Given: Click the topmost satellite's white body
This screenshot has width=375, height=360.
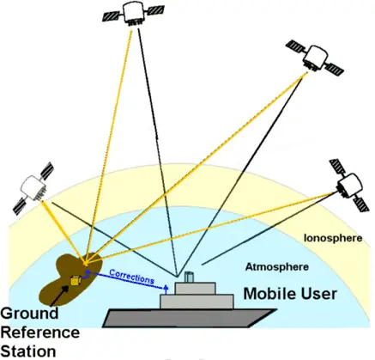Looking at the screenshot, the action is click(133, 12).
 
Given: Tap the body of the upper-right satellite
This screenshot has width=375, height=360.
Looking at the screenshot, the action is click(315, 58).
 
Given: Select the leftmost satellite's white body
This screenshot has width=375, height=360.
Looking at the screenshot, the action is click(33, 186).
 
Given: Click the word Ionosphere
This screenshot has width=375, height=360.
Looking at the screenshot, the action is click(333, 238).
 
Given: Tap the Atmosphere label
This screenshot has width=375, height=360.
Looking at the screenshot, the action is click(277, 267).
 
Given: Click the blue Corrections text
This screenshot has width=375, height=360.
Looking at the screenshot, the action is click(132, 277).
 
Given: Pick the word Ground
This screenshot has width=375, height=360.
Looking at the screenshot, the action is click(29, 313).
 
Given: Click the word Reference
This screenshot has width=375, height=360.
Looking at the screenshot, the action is click(40, 333).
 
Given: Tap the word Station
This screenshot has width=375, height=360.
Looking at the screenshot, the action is click(28, 351).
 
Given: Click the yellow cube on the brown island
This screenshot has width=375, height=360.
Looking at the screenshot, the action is click(76, 281).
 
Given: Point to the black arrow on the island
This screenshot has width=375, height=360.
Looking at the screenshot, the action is click(59, 296).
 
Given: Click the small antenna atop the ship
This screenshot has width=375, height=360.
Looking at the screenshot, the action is click(189, 277).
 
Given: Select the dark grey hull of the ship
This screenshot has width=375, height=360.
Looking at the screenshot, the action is click(190, 318).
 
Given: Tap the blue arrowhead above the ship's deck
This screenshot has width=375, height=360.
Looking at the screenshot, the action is click(166, 287).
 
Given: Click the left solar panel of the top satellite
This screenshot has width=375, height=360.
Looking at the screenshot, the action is click(112, 15).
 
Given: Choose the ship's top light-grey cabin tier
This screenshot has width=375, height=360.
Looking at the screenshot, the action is click(196, 288).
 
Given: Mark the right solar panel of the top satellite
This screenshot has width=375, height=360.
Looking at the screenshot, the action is click(155, 10).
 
